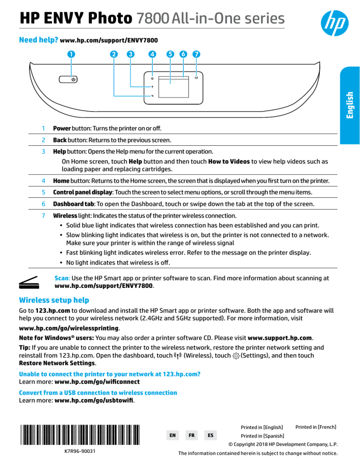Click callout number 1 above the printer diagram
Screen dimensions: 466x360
click(x=70, y=53)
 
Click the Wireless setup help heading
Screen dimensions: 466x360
click(x=53, y=300)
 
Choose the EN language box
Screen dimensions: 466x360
click(x=172, y=435)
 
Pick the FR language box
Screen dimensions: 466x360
click(x=191, y=435)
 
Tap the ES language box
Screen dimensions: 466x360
click(x=210, y=435)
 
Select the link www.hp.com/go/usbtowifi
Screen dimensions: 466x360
click(x=94, y=401)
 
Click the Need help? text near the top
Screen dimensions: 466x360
click(x=37, y=40)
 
